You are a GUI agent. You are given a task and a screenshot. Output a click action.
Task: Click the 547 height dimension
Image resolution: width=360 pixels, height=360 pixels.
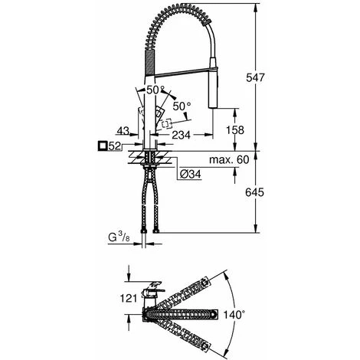pyautogui.click(x=255, y=77)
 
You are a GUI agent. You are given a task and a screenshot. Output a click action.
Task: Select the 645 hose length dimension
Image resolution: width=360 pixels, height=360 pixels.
pyautogui.click(x=254, y=192)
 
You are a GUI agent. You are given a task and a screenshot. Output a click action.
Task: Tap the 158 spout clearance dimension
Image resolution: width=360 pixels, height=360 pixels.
pyautogui.click(x=235, y=130)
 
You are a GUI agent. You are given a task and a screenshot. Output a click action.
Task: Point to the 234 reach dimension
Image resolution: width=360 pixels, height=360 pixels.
pyautogui.click(x=181, y=135)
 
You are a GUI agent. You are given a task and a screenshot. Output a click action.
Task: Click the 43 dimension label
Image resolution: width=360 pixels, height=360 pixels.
pyautogui.click(x=123, y=131)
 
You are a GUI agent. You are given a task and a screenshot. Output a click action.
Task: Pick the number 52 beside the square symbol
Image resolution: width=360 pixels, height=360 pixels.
pyautogui.click(x=115, y=146)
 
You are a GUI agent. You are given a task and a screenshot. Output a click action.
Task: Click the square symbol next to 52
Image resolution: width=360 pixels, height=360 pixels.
pyautogui.click(x=103, y=146)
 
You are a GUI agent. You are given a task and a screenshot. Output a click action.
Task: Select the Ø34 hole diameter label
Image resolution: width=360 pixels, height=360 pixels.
pyautogui.click(x=190, y=174)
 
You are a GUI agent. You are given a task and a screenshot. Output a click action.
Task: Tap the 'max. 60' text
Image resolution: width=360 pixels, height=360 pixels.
pyautogui.click(x=229, y=160)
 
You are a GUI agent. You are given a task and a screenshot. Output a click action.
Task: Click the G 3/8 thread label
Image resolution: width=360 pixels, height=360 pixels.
pyautogui.click(x=119, y=237)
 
